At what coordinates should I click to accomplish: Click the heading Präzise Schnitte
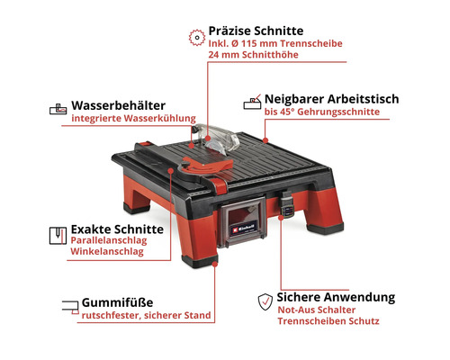[x=257, y=30]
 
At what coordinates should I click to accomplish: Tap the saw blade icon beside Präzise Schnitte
[x=193, y=36]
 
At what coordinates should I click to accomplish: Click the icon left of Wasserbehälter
[x=56, y=110]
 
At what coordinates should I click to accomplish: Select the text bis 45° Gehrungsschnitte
[x=321, y=112]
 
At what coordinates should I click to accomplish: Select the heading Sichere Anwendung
[x=336, y=297]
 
